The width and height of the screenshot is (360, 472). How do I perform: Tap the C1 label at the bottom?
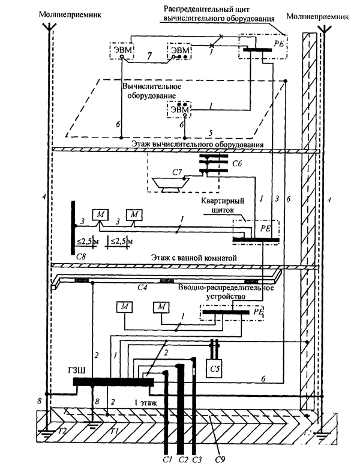pos(167,462)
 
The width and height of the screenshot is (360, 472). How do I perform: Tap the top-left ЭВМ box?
pos(122,49)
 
